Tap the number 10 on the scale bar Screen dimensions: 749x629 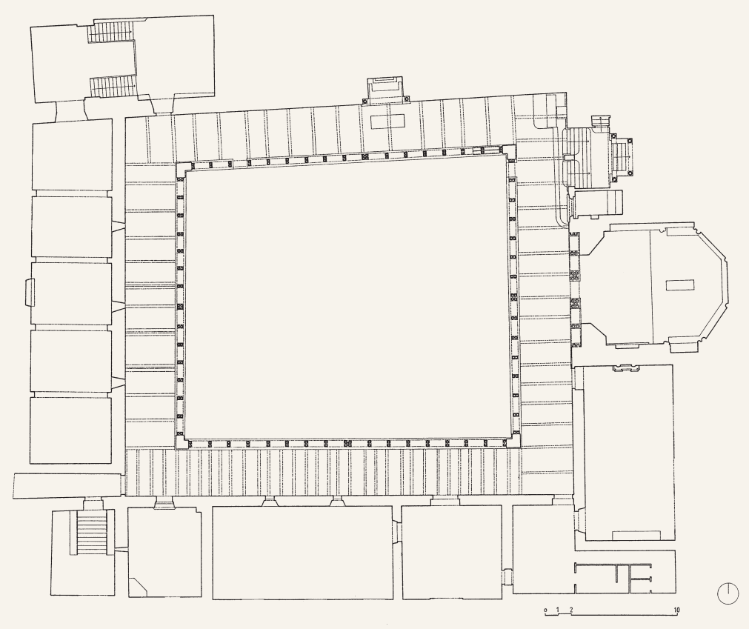676,610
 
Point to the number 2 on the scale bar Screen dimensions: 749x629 571,610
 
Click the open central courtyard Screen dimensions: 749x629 345,296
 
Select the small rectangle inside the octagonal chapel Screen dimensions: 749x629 679,285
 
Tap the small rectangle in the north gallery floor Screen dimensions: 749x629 388,122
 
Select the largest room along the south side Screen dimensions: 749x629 302,553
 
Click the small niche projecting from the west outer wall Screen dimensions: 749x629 29,292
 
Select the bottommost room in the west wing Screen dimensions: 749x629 70,430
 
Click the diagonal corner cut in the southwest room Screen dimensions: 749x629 139,587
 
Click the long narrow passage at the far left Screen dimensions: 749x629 69,486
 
